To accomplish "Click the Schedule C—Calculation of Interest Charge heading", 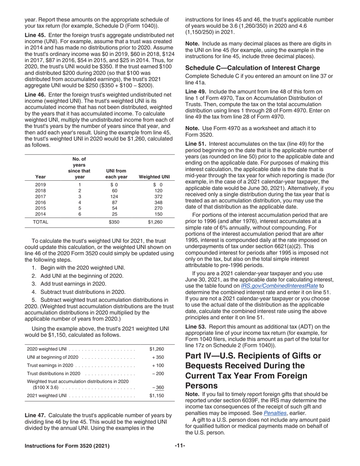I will click(x=252, y=68).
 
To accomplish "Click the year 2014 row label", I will click(x=40, y=213).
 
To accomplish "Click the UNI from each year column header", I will click(x=114, y=174).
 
